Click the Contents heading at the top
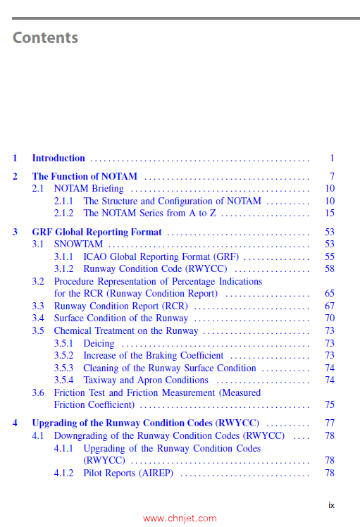[x=45, y=37]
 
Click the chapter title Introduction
[x=58, y=159]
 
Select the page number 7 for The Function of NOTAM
[x=331, y=176]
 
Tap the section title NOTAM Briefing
[x=89, y=189]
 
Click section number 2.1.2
[x=64, y=213]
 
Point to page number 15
[x=329, y=213]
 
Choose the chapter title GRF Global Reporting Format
[x=97, y=232]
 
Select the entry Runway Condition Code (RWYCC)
[x=155, y=269]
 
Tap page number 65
[x=329, y=294]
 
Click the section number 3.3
[x=38, y=306]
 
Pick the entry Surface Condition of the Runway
[x=121, y=318]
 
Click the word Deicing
[x=99, y=344]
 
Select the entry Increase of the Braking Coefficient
[x=153, y=356]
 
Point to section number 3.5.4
[x=64, y=380]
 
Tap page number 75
[x=329, y=405]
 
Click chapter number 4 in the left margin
[x=15, y=423]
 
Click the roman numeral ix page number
[x=331, y=505]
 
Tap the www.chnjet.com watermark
[x=180, y=519]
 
